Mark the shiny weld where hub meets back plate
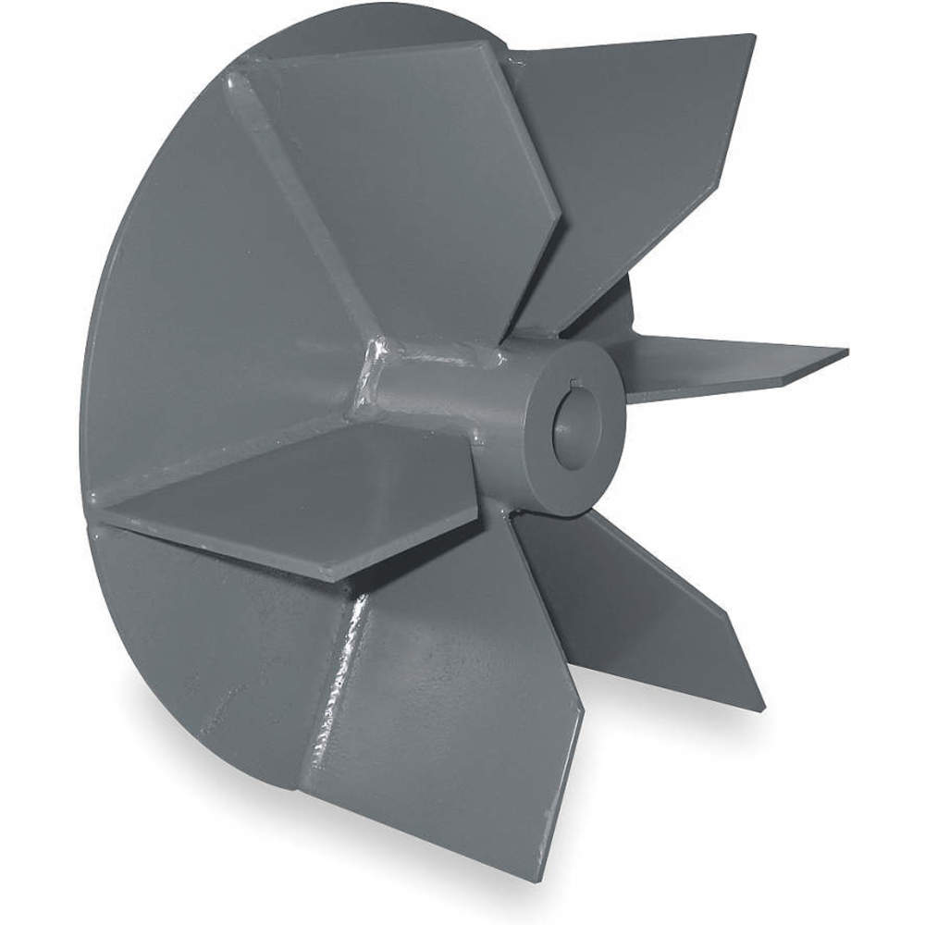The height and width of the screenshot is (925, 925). [375, 370]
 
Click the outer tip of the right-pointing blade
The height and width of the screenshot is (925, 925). [844, 351]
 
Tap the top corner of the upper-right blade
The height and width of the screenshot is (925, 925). [751, 37]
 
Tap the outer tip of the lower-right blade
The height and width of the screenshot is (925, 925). [760, 708]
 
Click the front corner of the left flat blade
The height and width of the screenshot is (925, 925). [333, 578]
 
